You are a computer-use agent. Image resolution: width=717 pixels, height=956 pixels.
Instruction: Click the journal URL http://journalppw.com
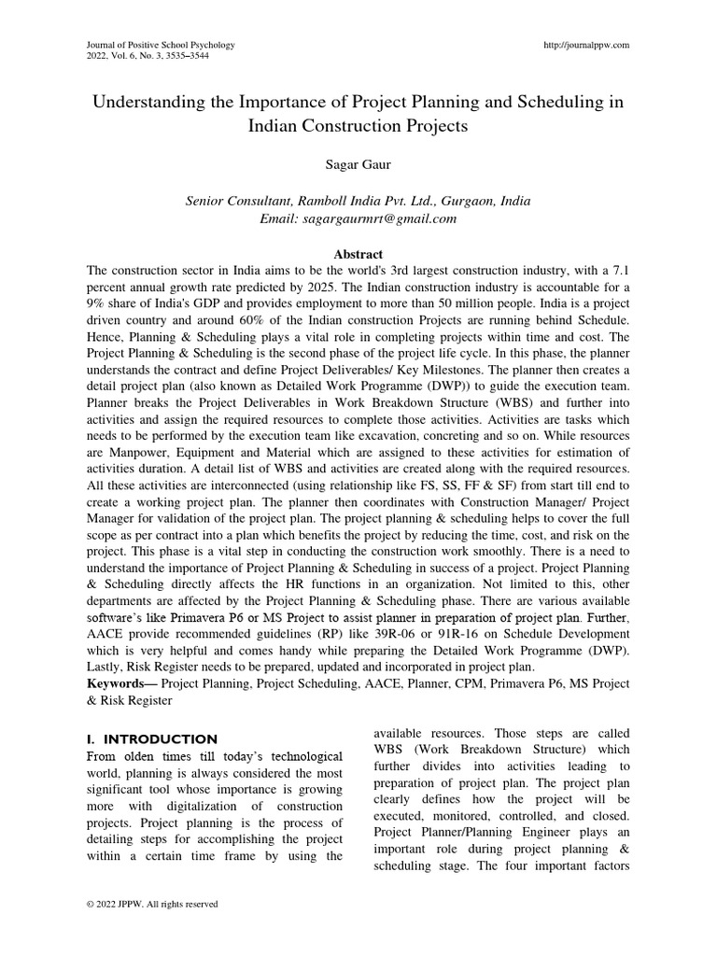pyautogui.click(x=585, y=44)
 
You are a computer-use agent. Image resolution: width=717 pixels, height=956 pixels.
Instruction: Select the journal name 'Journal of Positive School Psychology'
pyautogui.click(x=160, y=44)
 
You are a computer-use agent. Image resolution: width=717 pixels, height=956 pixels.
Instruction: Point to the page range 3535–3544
pyautogui.click(x=183, y=56)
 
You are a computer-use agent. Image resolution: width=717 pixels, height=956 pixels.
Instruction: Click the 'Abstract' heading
pyautogui.click(x=358, y=253)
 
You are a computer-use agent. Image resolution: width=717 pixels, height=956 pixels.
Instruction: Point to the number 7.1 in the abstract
pyautogui.click(x=619, y=271)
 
